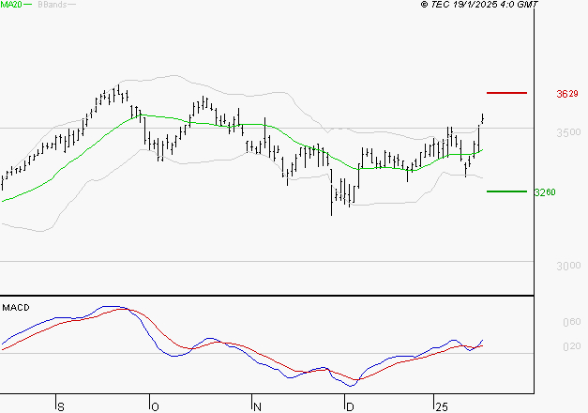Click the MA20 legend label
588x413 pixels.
coord(10,5)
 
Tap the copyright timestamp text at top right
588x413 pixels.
coord(480,5)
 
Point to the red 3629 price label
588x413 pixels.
coord(567,94)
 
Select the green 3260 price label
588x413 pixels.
coord(544,192)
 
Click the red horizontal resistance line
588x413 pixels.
coord(507,93)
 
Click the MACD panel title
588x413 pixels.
coord(16,308)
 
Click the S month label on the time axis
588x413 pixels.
coord(61,405)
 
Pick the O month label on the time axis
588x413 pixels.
coord(154,405)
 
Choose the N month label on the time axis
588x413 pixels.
coord(256,405)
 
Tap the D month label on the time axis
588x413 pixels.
coord(349,405)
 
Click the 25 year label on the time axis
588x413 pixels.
coord(441,405)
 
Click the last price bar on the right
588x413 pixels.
coord(483,117)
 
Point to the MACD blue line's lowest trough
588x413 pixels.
coord(352,385)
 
